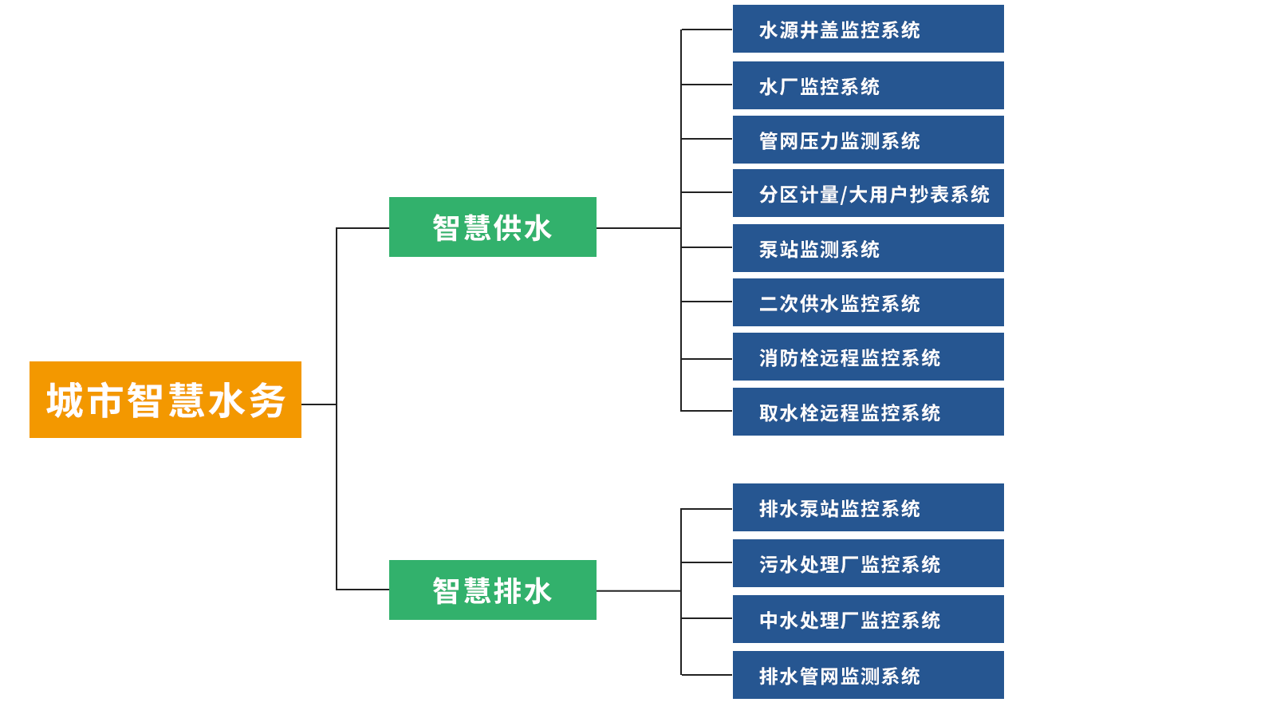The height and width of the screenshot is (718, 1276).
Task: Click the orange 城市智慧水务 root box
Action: click(x=165, y=399)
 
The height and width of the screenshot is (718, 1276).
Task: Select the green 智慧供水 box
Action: click(x=492, y=227)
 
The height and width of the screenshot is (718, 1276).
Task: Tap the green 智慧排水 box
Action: click(x=492, y=590)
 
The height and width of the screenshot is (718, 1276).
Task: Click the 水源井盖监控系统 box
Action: click(x=868, y=29)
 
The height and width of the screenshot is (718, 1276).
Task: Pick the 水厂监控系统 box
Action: click(x=868, y=85)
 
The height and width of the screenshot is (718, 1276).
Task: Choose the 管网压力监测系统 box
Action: click(x=868, y=140)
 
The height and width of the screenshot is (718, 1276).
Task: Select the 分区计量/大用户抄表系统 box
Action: click(x=868, y=193)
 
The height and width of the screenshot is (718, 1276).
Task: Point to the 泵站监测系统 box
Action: click(x=868, y=248)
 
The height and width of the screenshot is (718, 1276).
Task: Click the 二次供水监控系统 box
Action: click(x=868, y=302)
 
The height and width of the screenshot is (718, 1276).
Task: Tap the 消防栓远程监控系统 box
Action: click(x=868, y=357)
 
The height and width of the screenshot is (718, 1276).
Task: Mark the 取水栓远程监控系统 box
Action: click(x=868, y=412)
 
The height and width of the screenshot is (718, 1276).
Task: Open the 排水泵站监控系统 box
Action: click(x=868, y=507)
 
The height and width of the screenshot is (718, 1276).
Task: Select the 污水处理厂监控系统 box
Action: click(x=868, y=563)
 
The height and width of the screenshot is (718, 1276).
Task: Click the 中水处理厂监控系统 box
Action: click(x=868, y=619)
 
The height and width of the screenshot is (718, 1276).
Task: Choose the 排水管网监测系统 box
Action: click(x=868, y=675)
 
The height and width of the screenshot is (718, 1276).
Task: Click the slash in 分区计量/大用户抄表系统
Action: click(x=844, y=195)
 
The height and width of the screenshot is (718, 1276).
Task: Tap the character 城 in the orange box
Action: click(x=65, y=400)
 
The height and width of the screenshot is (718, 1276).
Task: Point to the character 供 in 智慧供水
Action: click(x=507, y=228)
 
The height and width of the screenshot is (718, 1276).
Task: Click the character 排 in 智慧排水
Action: click(x=507, y=591)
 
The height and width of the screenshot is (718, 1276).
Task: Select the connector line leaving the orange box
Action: click(x=319, y=404)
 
